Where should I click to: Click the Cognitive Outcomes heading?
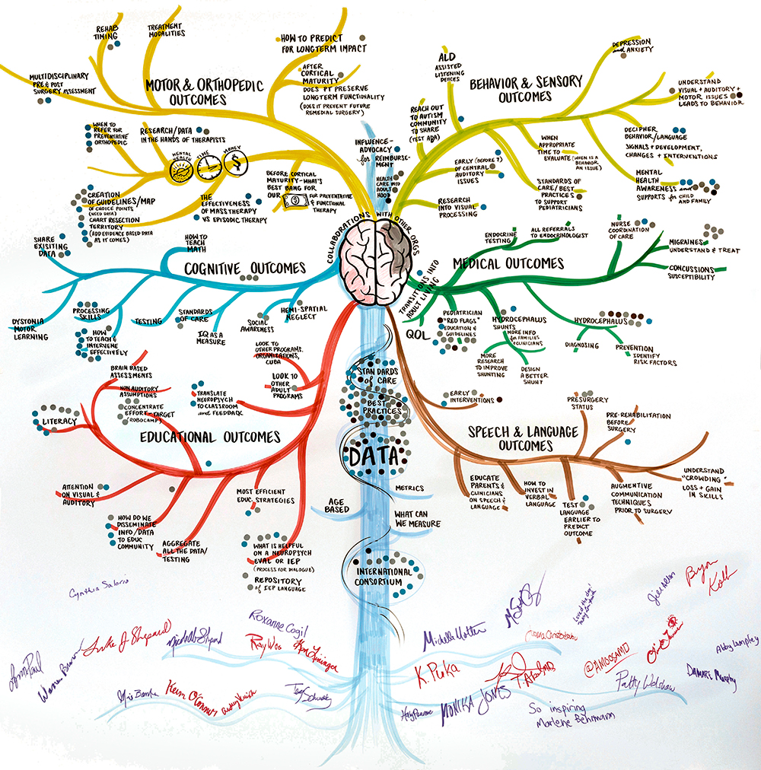(244, 268)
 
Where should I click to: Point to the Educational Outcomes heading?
(210, 437)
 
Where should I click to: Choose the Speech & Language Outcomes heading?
(522, 438)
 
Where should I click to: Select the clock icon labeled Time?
(206, 167)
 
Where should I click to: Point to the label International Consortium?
(383, 576)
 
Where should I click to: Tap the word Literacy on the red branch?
(59, 421)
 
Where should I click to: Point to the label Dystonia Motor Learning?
(30, 329)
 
